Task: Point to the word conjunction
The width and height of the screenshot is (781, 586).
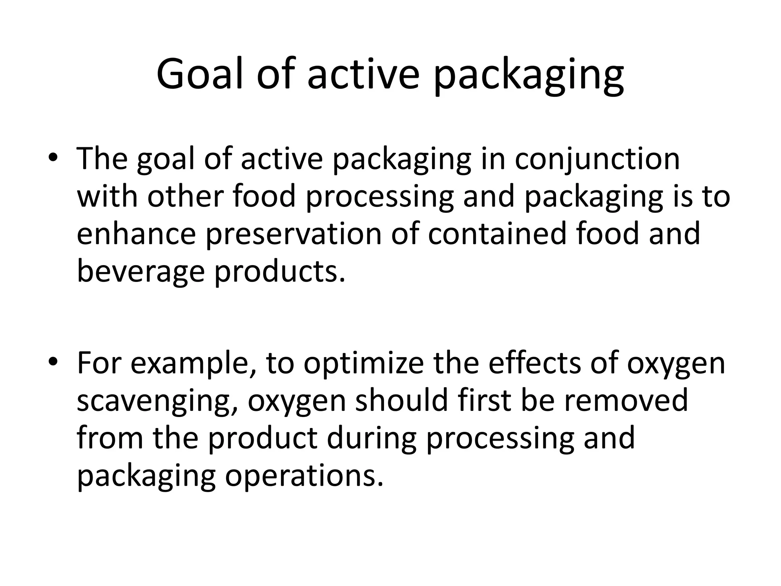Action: tap(597, 159)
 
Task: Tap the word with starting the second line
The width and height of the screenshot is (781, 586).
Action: tap(107, 196)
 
